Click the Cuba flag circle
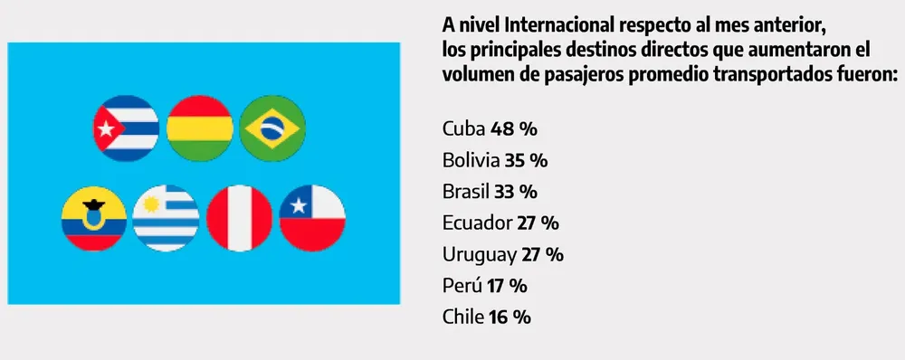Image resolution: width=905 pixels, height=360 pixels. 127,127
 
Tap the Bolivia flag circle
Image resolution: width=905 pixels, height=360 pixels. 200,127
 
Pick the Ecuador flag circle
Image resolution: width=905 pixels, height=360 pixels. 93,219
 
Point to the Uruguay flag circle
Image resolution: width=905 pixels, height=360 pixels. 166,219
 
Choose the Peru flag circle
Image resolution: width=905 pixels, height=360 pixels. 239,219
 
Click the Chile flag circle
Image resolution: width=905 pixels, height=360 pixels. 312,219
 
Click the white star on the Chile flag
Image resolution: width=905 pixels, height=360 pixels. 295,206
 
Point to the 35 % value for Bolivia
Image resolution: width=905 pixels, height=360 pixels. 525,160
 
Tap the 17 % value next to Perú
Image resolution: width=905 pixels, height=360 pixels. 506,286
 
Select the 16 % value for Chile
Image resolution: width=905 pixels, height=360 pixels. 509,317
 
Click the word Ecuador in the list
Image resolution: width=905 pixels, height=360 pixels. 476,223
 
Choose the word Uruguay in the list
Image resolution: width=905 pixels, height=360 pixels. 481,254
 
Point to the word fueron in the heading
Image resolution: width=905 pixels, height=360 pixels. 860,74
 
